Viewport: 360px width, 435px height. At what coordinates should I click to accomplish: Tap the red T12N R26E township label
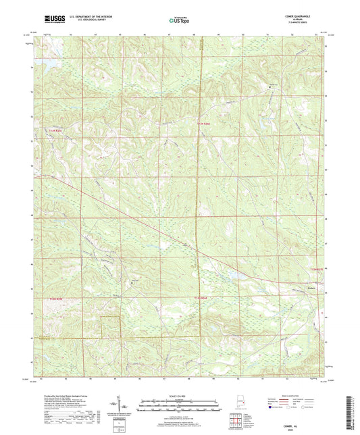click(203, 298)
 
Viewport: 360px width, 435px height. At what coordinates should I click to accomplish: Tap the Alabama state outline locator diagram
click(238, 405)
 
